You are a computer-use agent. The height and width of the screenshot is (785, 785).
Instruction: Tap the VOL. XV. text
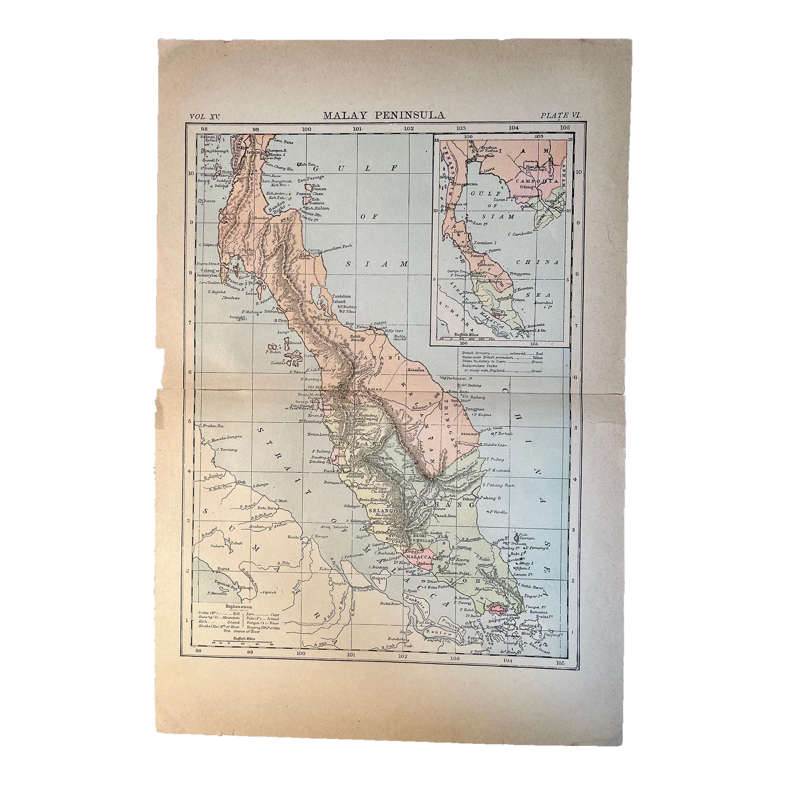(204, 116)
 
